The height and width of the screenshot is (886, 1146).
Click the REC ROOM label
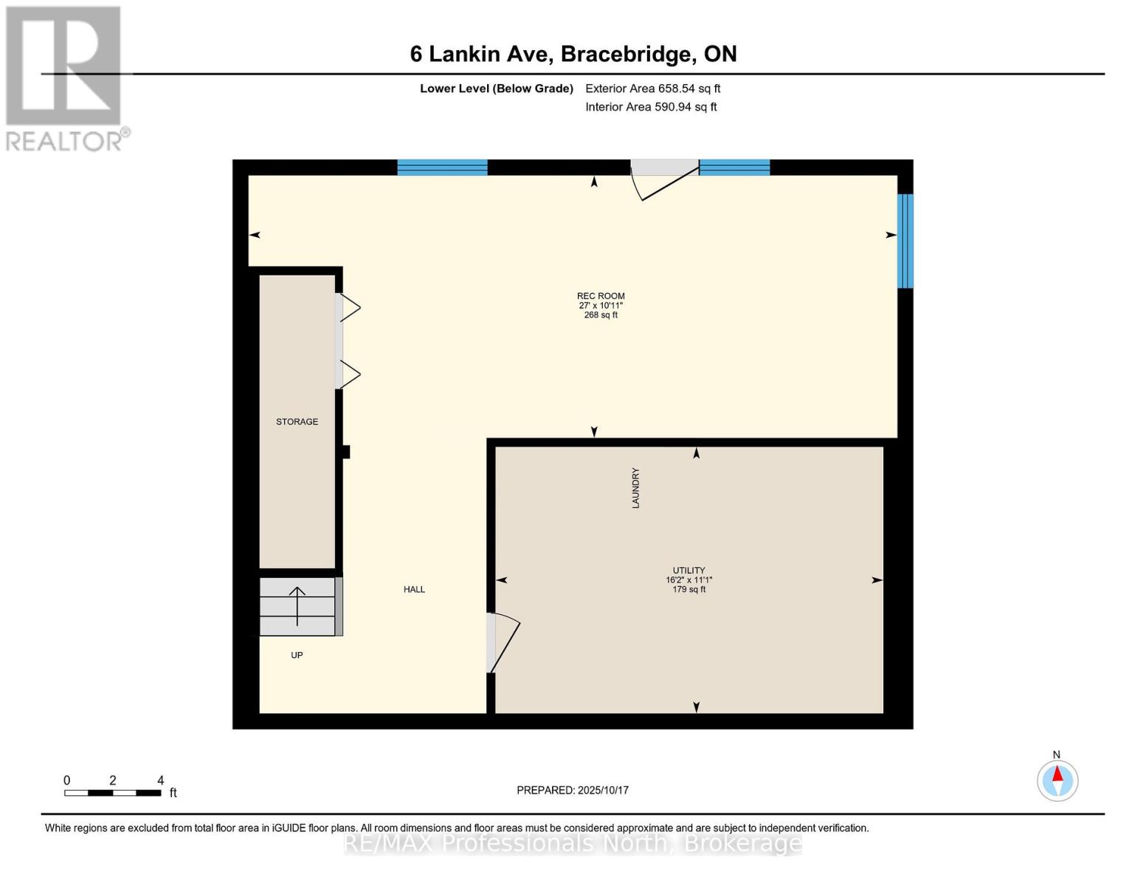pyautogui.click(x=601, y=296)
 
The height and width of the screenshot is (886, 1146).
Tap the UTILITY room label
pyautogui.click(x=688, y=571)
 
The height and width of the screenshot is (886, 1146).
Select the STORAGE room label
pyautogui.click(x=297, y=422)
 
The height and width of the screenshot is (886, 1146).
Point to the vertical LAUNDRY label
pyautogui.click(x=635, y=488)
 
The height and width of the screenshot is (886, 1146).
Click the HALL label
pyautogui.click(x=414, y=589)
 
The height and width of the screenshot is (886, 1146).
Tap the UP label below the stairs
pyautogui.click(x=297, y=655)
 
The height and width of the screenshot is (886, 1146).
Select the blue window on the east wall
pyautogui.click(x=905, y=241)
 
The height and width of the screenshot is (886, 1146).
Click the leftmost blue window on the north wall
pyautogui.click(x=442, y=168)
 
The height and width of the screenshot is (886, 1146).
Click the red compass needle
pyautogui.click(x=1057, y=775)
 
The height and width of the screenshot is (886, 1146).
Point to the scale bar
pyautogui.click(x=112, y=793)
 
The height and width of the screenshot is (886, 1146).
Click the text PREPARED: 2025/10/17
pyautogui.click(x=573, y=790)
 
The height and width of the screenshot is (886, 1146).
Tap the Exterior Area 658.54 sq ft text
pyautogui.click(x=652, y=89)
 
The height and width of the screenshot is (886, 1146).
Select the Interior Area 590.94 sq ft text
pyautogui.click(x=651, y=107)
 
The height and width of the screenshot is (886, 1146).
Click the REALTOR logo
pyautogui.click(x=65, y=78)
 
